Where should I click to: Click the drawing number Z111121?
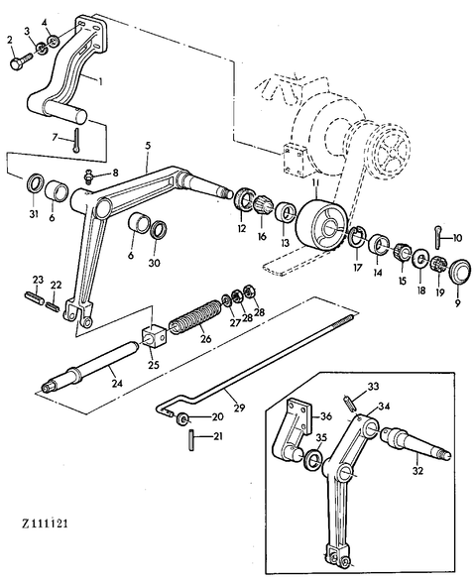click(x=45, y=524)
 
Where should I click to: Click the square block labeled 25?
click(x=154, y=336)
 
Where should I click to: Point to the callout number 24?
click(x=117, y=383)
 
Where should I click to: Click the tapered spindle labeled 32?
click(x=416, y=442)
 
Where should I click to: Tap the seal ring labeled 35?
click(x=312, y=458)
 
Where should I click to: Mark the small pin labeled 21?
click(x=192, y=440)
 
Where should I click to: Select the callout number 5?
click(x=148, y=146)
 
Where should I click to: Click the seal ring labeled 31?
click(x=35, y=182)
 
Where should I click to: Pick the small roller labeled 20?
click(x=182, y=418)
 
